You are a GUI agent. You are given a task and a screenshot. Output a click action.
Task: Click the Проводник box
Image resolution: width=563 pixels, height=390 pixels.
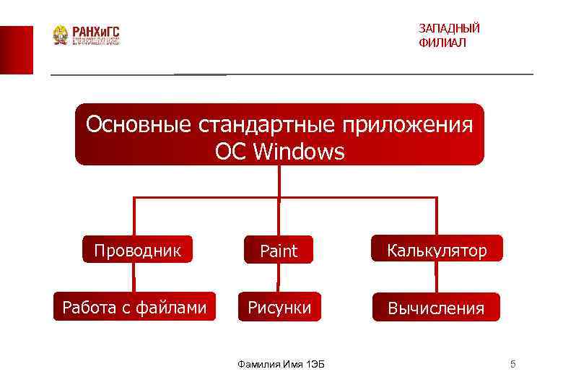coord(137,250)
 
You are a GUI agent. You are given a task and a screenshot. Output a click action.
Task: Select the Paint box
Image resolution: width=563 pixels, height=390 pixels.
coord(279,251)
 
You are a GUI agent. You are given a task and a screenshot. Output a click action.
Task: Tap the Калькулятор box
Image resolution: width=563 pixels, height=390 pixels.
coord(437,250)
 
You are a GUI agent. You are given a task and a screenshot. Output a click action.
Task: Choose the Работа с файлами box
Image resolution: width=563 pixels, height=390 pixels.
coord(134,308)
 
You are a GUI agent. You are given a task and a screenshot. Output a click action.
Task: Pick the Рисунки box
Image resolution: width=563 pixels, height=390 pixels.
coord(279,308)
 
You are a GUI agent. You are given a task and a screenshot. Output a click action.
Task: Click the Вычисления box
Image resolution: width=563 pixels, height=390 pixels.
coord(436,308)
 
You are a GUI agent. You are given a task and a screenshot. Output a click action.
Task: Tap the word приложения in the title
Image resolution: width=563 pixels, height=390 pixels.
coord(408,125)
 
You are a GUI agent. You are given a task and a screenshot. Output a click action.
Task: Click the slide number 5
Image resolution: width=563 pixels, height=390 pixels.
coord(512,364)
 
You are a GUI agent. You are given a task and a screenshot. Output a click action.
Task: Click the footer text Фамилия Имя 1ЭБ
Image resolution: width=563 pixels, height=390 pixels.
coord(281,364)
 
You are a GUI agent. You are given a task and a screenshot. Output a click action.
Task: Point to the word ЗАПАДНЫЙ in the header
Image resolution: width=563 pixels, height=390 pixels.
coord(449,28)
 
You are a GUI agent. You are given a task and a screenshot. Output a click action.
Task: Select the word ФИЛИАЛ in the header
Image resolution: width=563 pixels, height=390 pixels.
coord(442,43)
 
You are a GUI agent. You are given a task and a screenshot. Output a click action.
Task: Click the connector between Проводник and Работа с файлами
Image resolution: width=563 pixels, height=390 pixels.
coord(134,277)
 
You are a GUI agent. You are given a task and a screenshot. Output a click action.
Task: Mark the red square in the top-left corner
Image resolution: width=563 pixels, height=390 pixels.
coord(16,49)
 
